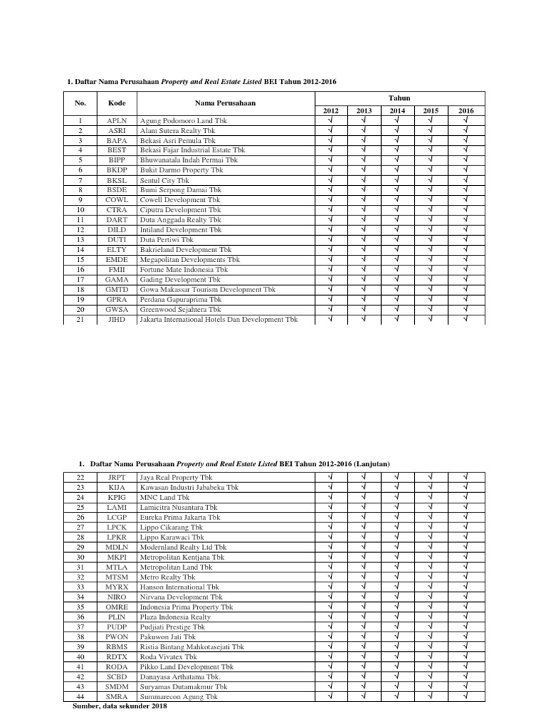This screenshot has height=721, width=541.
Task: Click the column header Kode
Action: [x=117, y=104]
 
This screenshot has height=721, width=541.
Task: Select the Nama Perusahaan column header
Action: [x=225, y=104]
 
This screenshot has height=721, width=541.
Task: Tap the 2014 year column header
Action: [x=397, y=111]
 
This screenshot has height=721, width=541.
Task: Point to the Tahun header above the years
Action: [x=399, y=97]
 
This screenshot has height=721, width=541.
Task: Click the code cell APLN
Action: [x=117, y=121]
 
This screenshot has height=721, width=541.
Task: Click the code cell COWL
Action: [x=117, y=200]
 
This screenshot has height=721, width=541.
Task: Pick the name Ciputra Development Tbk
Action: [x=180, y=210]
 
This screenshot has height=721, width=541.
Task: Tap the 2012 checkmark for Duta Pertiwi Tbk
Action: [x=330, y=239]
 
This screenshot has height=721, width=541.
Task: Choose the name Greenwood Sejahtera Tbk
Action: [x=181, y=309]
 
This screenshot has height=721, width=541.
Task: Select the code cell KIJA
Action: [x=117, y=487]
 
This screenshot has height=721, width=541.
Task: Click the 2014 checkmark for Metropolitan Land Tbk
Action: [x=397, y=566]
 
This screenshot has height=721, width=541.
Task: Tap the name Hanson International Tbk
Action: [x=180, y=587]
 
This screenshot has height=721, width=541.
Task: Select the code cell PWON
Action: [x=117, y=636]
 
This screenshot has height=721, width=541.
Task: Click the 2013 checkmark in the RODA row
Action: [x=364, y=666]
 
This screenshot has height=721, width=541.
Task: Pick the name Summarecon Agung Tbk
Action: [x=179, y=696]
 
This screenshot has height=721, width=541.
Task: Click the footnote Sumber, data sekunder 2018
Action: [x=120, y=706]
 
